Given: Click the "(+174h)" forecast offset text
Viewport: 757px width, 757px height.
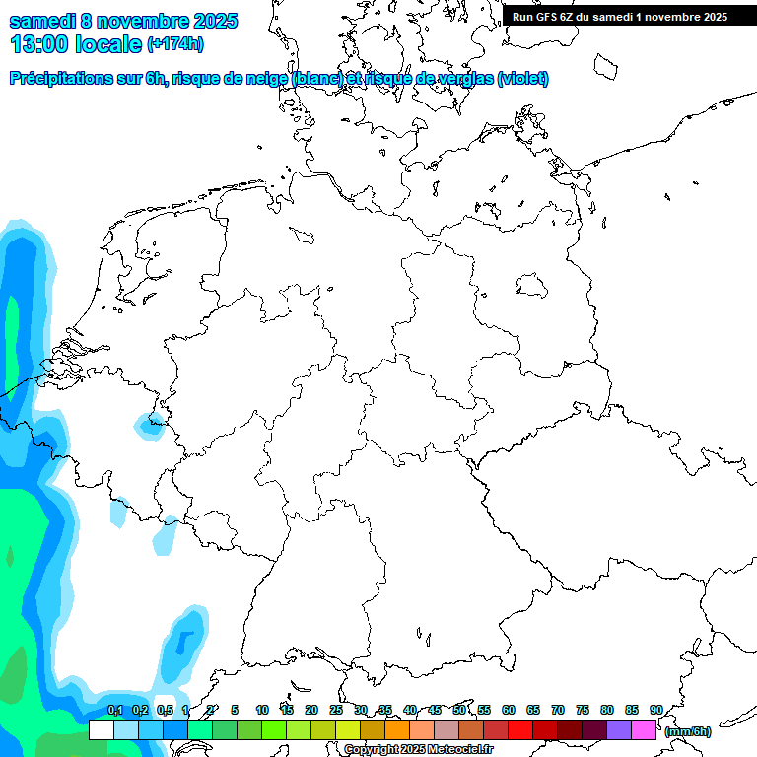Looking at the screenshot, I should pyautogui.click(x=174, y=44).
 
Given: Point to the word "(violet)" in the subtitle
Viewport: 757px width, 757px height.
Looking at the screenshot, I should pyautogui.click(x=523, y=79).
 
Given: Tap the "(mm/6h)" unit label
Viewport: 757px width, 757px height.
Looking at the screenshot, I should pyautogui.click(x=688, y=731).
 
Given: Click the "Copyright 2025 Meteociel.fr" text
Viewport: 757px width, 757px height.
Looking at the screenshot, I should pyautogui.click(x=418, y=750).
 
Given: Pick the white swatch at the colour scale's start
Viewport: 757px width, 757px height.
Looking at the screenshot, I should pyautogui.click(x=101, y=730).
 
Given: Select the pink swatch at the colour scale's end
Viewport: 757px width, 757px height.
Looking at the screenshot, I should pyautogui.click(x=644, y=730).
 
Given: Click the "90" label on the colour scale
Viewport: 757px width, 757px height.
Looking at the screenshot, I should pyautogui.click(x=655, y=710).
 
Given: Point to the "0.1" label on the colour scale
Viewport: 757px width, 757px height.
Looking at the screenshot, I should pyautogui.click(x=114, y=710).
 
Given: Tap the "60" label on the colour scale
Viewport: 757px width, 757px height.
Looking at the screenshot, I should pyautogui.click(x=509, y=710).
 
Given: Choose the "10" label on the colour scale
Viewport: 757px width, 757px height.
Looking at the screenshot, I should pyautogui.click(x=262, y=710).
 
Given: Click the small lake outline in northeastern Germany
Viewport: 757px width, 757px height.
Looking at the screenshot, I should pyautogui.click(x=532, y=286).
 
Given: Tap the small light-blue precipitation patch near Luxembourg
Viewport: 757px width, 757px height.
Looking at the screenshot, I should pyautogui.click(x=150, y=426).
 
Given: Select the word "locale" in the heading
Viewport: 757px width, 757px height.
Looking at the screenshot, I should pyautogui.click(x=108, y=43).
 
